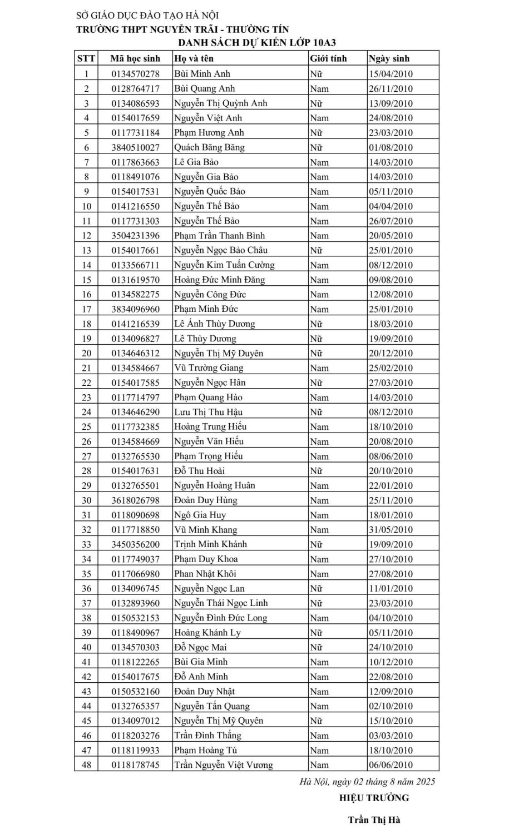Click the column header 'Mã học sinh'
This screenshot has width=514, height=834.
pos(135,58)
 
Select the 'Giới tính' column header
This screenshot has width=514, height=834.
pos(328,58)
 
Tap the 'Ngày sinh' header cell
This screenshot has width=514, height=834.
pos(389,58)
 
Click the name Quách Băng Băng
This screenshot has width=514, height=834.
pos(209,147)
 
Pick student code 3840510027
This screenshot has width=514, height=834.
pos(135,147)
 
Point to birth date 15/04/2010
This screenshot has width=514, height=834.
pos(391,73)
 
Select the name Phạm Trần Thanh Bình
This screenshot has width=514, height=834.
pos(219,235)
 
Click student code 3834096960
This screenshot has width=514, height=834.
pos(135,309)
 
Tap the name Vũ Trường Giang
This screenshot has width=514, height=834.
pos(209,368)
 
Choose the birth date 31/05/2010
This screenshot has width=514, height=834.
pos(391,530)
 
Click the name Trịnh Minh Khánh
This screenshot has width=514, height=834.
pos(210,544)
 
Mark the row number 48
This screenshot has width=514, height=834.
pos(86,765)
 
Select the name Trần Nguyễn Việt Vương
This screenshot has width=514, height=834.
pos(224,765)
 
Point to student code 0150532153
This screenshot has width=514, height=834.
pos(135,618)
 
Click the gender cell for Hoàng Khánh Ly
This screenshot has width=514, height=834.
pos(317,633)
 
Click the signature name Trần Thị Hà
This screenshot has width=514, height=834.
pos(374,820)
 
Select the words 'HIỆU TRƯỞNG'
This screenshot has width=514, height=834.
pos(374,798)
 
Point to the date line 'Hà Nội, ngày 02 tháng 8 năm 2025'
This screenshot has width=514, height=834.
pos(367,782)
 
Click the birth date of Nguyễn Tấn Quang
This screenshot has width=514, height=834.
pos(391,706)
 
